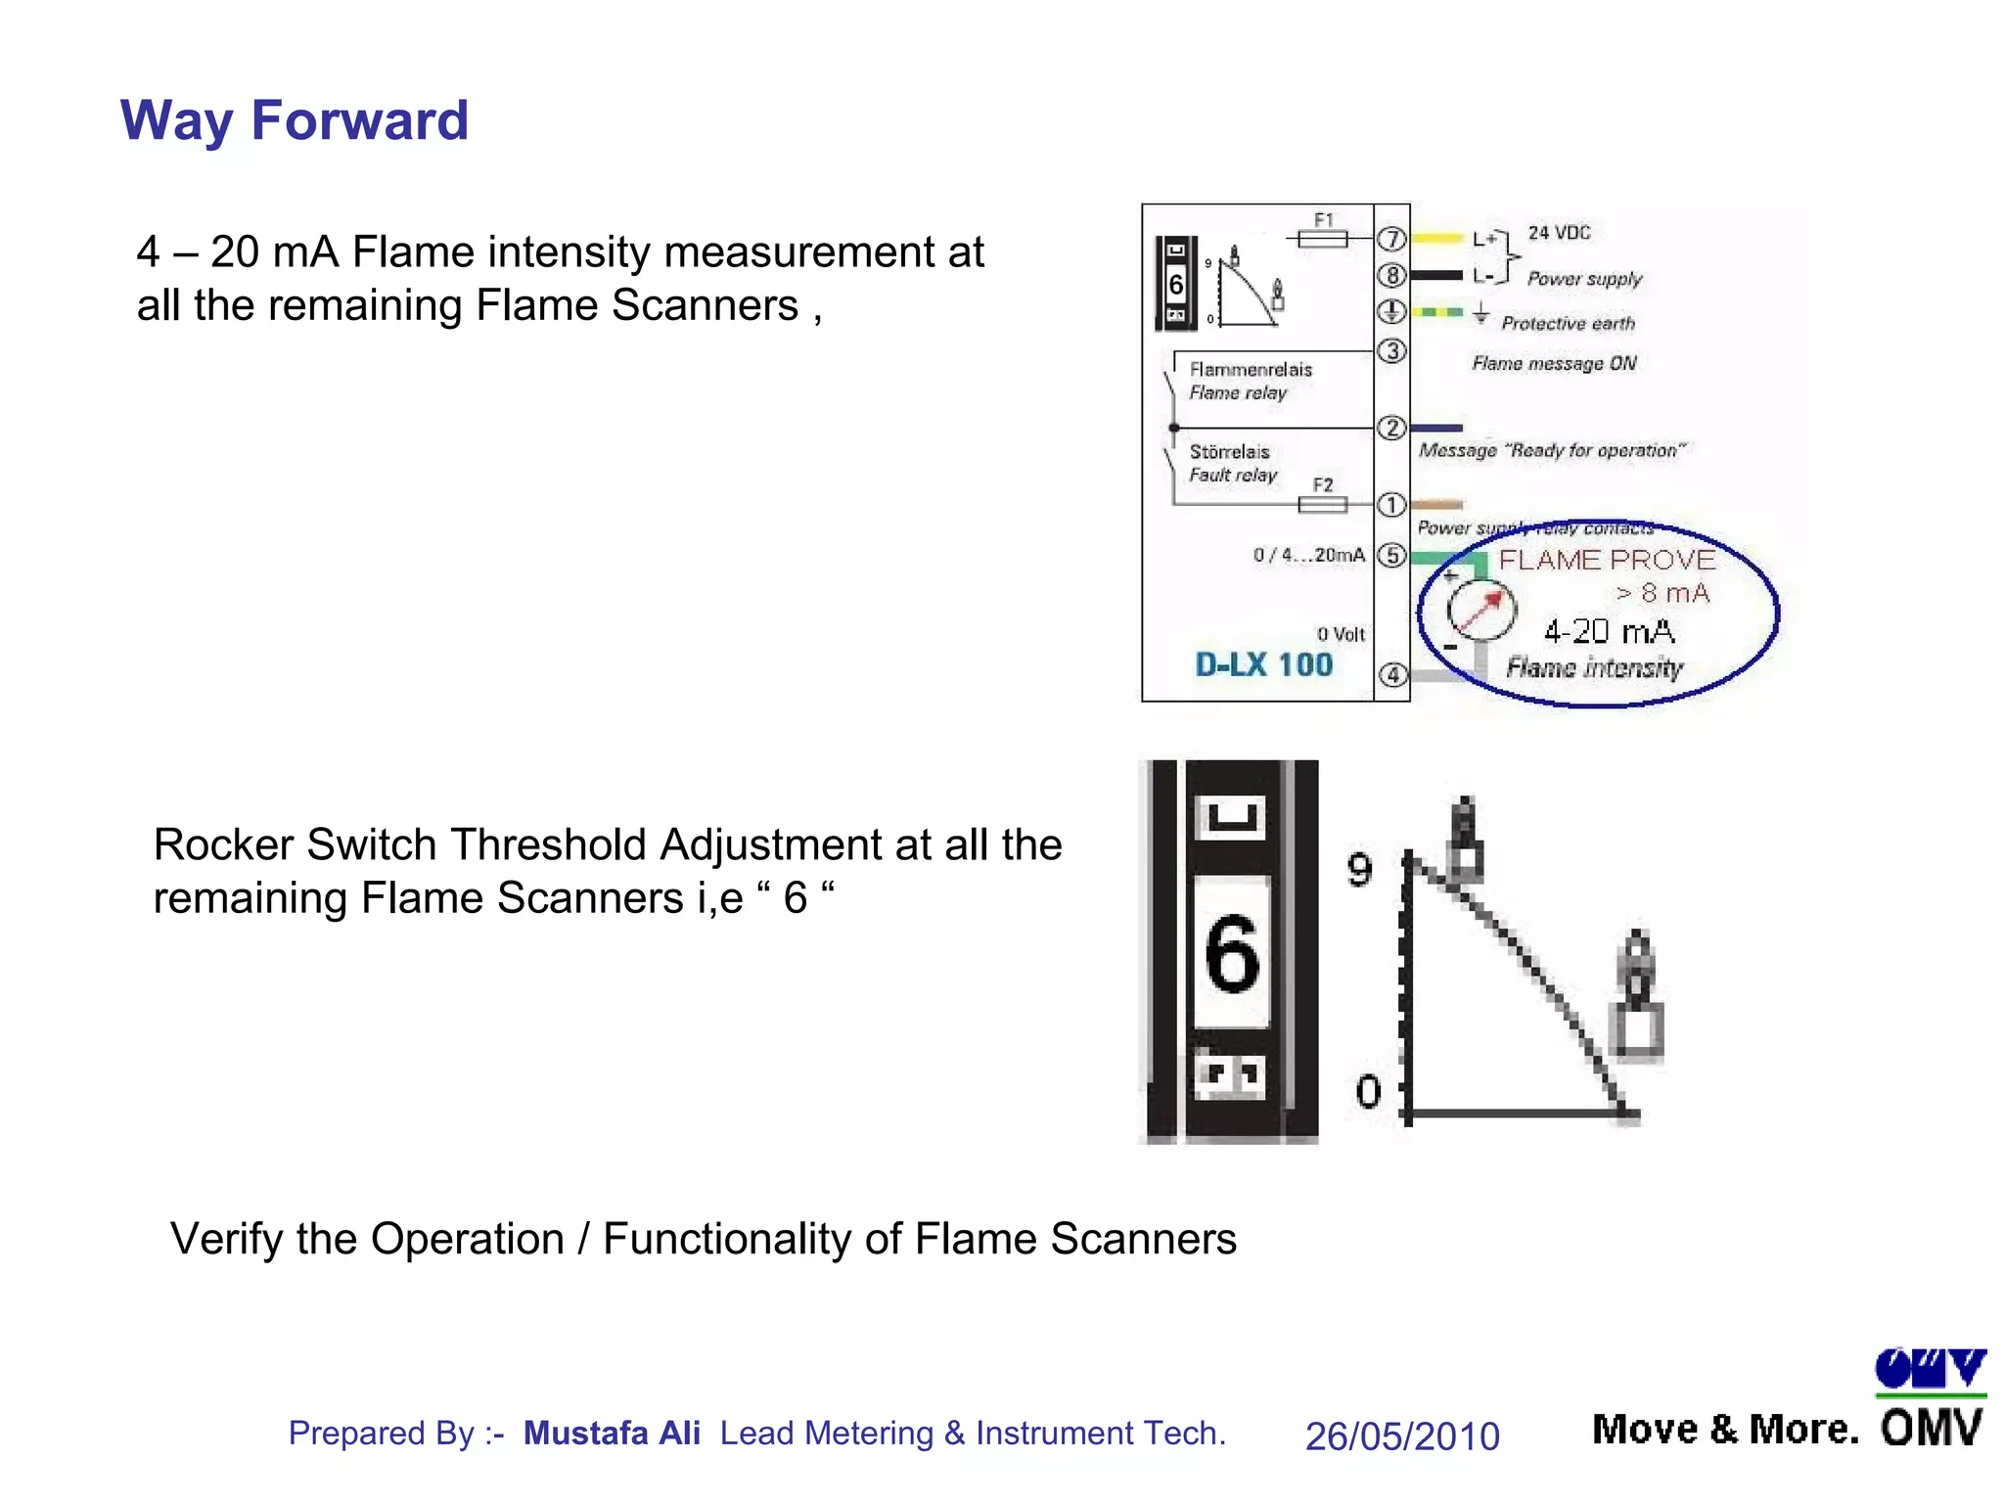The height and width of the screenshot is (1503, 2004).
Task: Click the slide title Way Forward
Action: coord(294,120)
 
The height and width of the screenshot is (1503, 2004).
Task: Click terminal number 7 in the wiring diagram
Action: coord(1391,239)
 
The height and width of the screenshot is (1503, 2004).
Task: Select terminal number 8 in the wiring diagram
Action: coord(1391,275)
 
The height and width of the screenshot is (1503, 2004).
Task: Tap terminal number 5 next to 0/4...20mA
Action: coord(1391,556)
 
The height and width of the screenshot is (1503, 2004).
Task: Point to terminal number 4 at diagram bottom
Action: coord(1392,675)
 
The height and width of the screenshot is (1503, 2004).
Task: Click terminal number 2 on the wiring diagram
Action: coord(1391,428)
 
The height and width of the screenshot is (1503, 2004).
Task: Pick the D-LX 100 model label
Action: coord(1264,665)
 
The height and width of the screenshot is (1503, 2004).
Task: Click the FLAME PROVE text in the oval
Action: coord(1607,560)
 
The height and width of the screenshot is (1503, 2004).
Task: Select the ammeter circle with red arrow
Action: coord(1481,610)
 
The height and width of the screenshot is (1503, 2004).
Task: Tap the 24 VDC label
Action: coord(1560,233)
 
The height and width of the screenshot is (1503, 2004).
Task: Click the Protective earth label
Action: coord(1568,324)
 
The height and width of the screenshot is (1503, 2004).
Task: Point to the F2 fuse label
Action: coord(1323,485)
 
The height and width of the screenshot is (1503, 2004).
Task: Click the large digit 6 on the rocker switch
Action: coord(1232,954)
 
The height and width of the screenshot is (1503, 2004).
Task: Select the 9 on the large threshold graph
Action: coord(1360,869)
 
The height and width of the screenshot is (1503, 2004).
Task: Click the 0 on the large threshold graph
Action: coord(1368,1091)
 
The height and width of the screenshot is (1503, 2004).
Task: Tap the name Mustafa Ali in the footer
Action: coord(612,1433)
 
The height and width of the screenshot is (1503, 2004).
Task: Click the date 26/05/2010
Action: coord(1402,1436)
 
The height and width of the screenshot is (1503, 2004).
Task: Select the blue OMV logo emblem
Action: coord(1930,1369)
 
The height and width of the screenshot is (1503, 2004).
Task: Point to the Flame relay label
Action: coord(1239,392)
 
